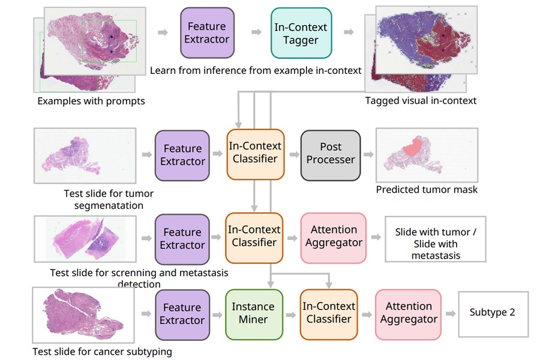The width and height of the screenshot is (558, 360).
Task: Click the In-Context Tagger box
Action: pyautogui.click(x=301, y=34)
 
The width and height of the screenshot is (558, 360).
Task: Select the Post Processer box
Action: pyautogui.click(x=331, y=154)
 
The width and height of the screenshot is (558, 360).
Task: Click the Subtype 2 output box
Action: pyautogui.click(x=493, y=313)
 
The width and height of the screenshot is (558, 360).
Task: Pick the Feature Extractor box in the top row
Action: pyautogui.click(x=206, y=32)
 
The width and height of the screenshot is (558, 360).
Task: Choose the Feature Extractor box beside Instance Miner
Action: pyautogui.click(x=182, y=314)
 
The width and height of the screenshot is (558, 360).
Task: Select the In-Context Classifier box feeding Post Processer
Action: pyautogui.click(x=255, y=153)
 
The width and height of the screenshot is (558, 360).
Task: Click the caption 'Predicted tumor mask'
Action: pyautogui.click(x=427, y=190)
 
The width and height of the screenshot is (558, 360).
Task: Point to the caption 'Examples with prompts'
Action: pyautogui.click(x=91, y=101)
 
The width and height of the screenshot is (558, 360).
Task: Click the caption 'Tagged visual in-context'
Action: pyautogui.click(x=421, y=101)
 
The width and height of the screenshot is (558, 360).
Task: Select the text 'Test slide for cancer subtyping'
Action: pyautogui.click(x=102, y=351)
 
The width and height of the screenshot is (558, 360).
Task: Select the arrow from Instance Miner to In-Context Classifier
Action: pyautogui.click(x=292, y=314)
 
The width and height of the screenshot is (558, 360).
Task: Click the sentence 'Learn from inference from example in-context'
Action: pyautogui.click(x=256, y=70)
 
